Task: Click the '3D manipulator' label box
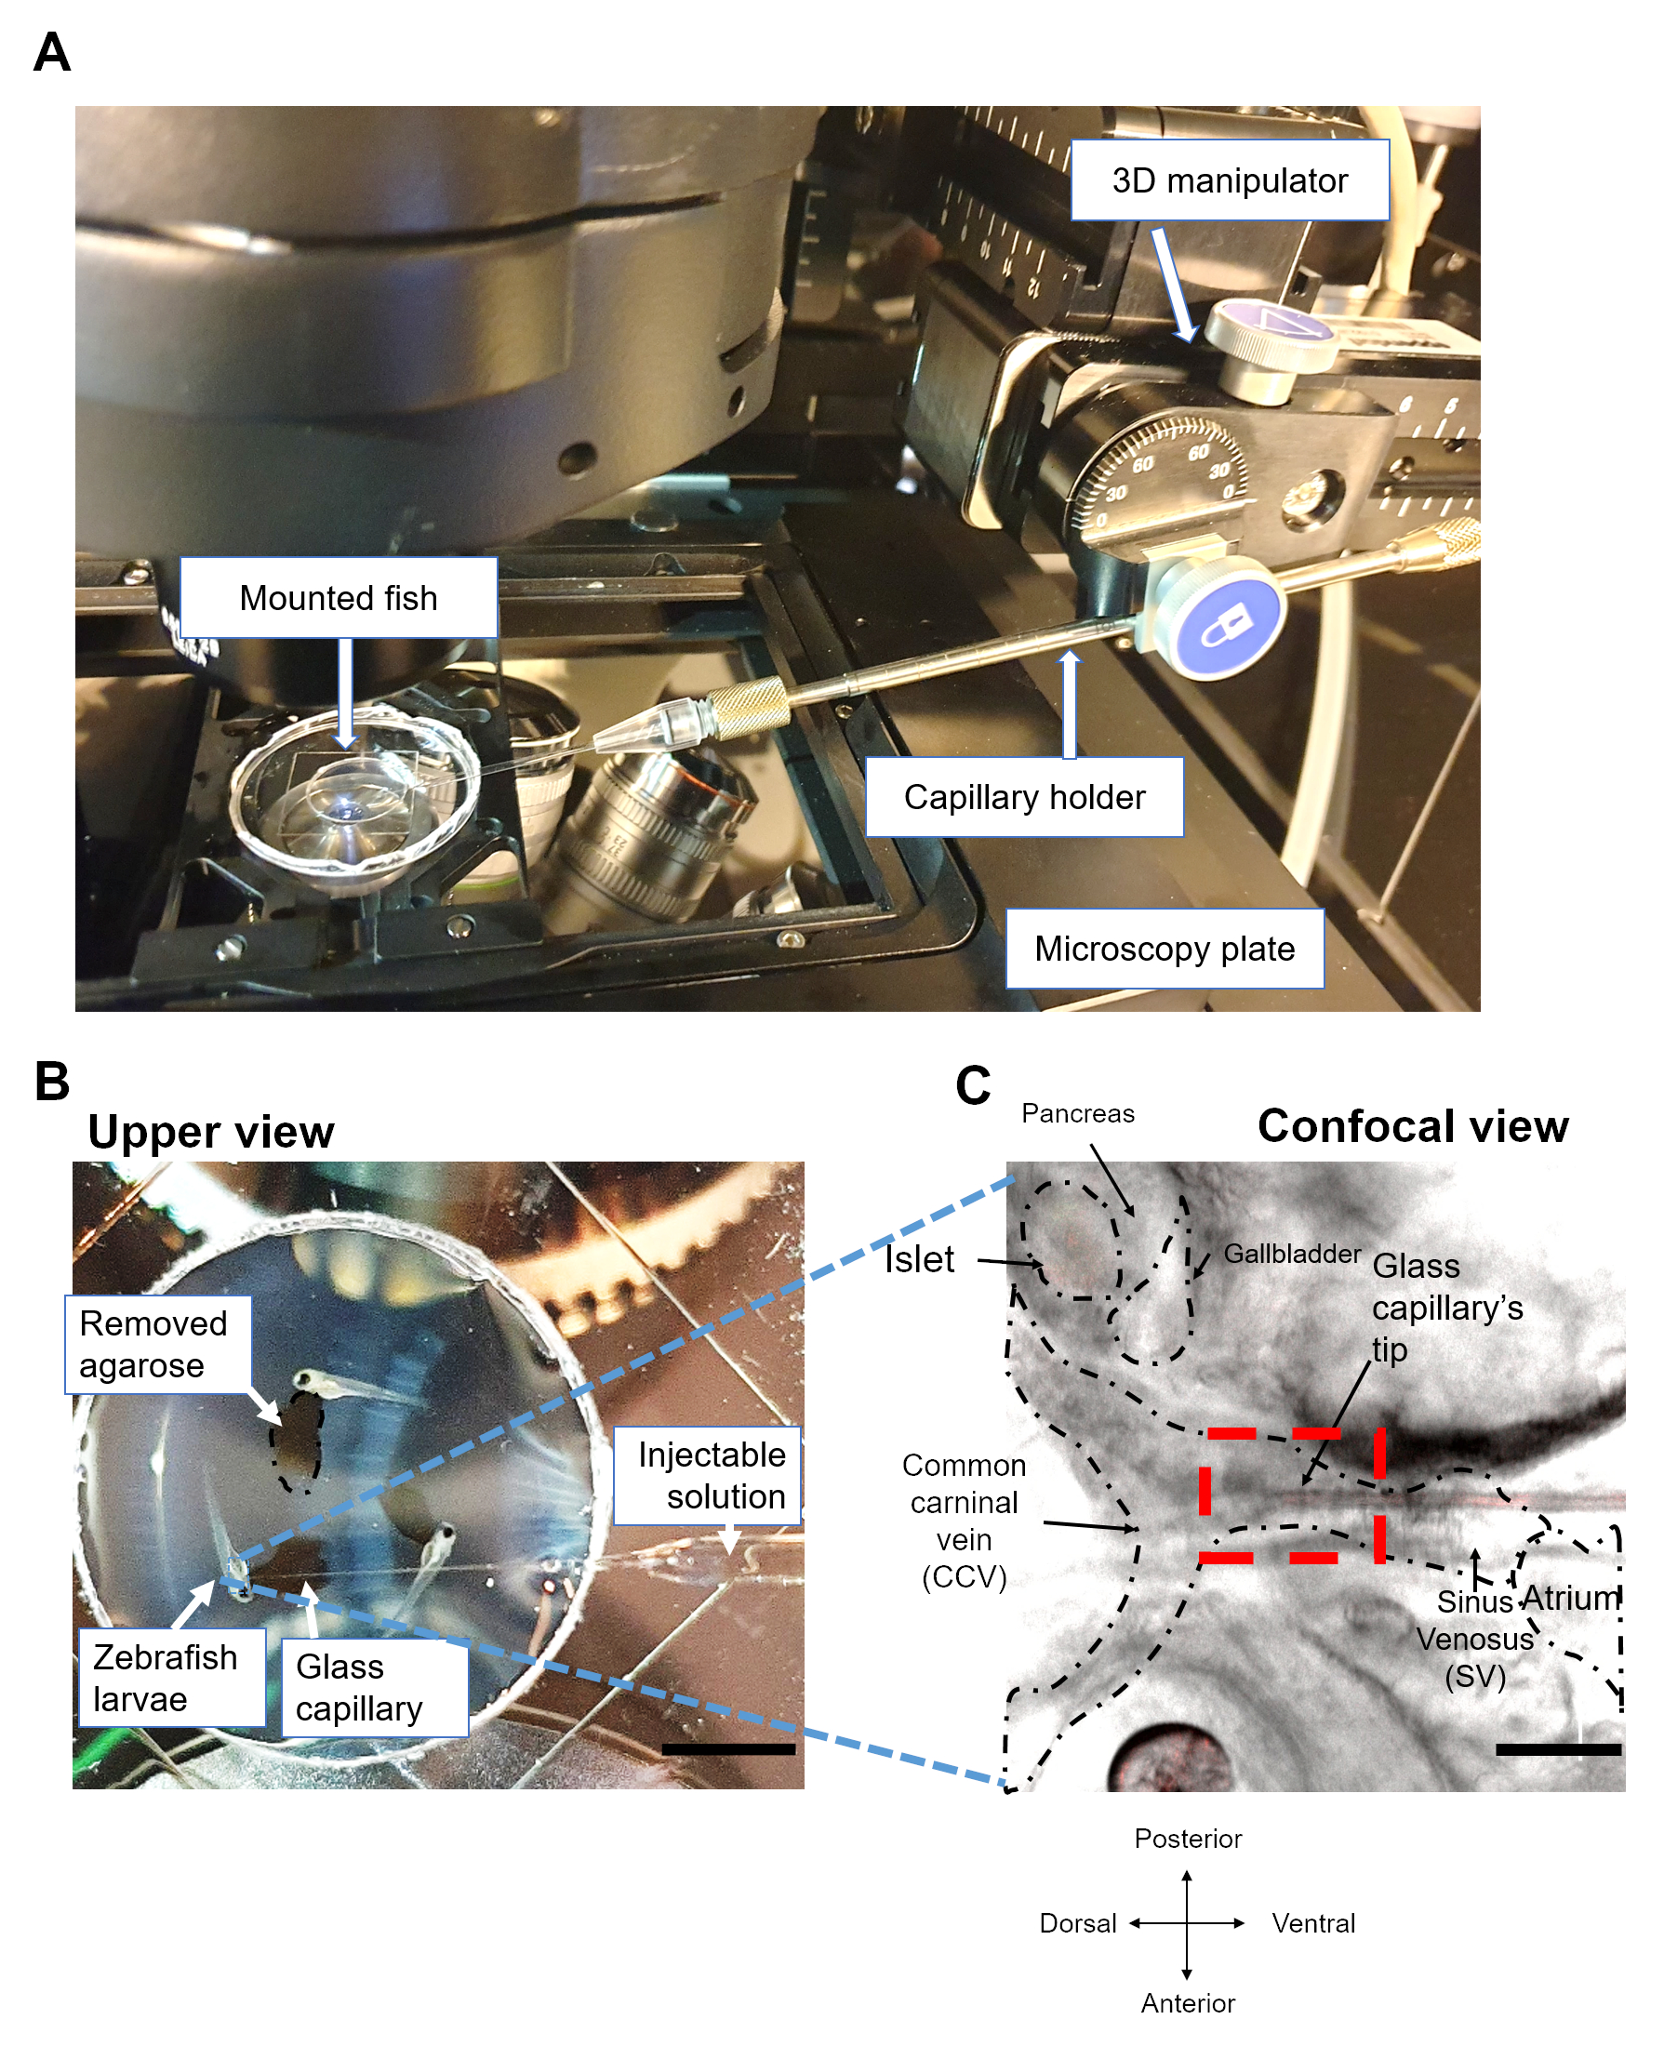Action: [1229, 180]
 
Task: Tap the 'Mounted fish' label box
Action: [338, 598]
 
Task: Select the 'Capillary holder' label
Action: [1024, 797]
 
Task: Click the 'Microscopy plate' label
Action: [1164, 949]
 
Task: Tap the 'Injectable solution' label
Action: [710, 1475]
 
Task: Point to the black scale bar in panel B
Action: [727, 1749]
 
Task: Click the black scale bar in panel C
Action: [1558, 1749]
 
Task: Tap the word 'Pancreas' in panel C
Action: [1077, 1113]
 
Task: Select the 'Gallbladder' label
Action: [1291, 1254]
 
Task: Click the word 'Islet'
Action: [918, 1259]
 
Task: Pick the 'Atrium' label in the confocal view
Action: [1570, 1598]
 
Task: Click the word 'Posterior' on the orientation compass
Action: [1188, 1838]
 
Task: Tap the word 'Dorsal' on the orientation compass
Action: [1077, 1923]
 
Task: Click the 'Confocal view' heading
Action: [1412, 1126]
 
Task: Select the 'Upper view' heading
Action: [211, 1132]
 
